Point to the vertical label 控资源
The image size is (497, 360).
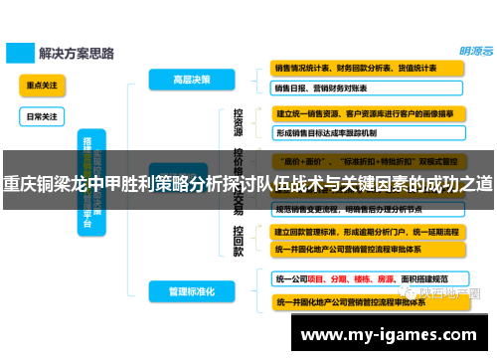[239, 123]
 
